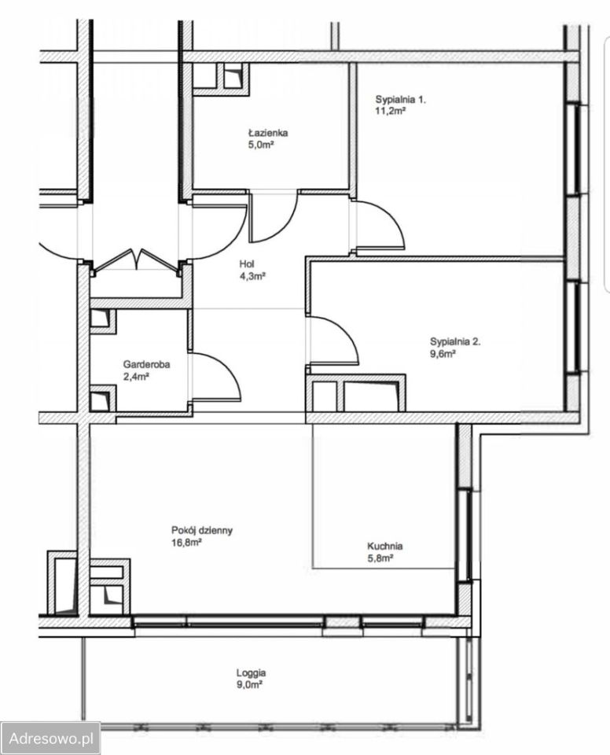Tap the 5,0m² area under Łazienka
click(260, 145)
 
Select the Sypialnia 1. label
click(401, 100)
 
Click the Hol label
click(247, 264)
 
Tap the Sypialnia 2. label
click(455, 342)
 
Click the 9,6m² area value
click(443, 354)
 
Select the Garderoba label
click(146, 364)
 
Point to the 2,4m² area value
click(136, 377)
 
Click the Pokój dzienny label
click(202, 531)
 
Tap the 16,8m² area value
click(186, 543)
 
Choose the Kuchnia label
click(385, 547)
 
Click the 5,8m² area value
click(380, 558)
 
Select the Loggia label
click(251, 673)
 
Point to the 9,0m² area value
click(249, 685)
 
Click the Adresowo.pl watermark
click(50, 738)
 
